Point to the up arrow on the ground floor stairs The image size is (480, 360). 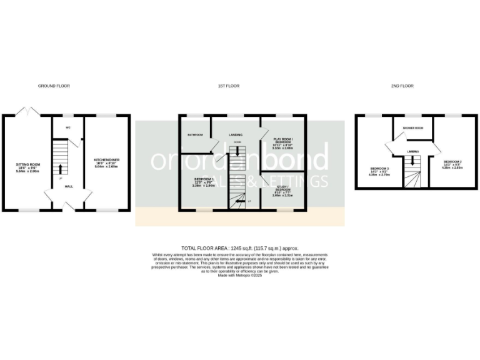coord(61,169)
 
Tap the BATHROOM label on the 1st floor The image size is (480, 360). coord(196,134)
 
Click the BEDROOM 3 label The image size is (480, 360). coord(379,169)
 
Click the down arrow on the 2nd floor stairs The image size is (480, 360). coord(412,162)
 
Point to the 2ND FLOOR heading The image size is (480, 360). coord(404,86)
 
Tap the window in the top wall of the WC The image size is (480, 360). coord(67,116)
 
